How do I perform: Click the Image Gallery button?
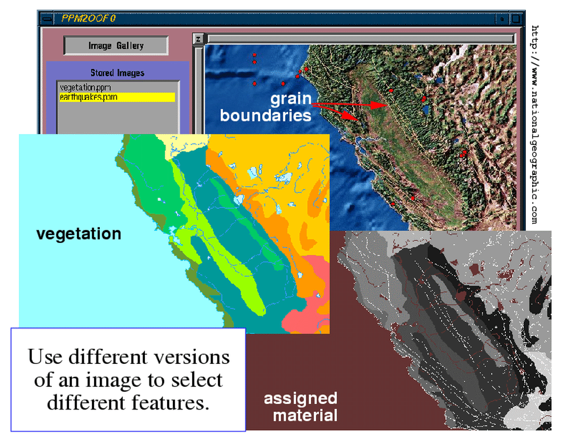[x=116, y=46]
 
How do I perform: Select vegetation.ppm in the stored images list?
[x=86, y=87]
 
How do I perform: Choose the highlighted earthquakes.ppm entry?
[x=117, y=98]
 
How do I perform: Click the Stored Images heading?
[x=117, y=72]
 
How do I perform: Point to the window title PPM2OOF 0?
[x=88, y=18]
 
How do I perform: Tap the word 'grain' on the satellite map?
[x=291, y=99]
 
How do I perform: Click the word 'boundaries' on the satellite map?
[x=265, y=115]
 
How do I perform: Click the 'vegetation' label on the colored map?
[x=79, y=234]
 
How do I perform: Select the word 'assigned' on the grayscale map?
[x=301, y=399]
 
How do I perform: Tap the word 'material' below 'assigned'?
[x=305, y=415]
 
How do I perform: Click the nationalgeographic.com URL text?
[x=535, y=124]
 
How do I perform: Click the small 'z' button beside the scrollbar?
[x=198, y=39]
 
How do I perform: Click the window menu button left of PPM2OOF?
[x=47, y=19]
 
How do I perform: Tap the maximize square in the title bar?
[x=516, y=18]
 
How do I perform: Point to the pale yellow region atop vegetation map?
[x=184, y=145]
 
